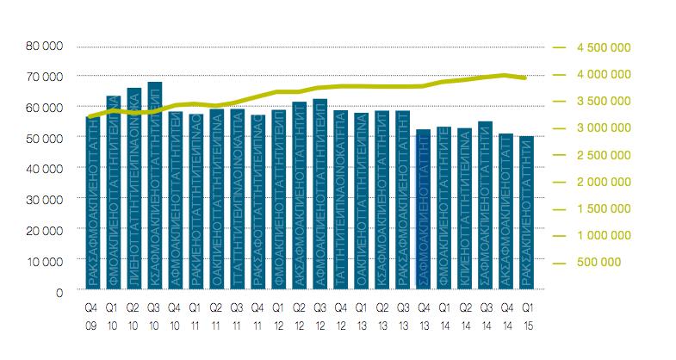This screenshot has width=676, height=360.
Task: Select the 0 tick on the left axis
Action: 59,292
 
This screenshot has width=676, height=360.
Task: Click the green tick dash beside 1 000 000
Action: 561,235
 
